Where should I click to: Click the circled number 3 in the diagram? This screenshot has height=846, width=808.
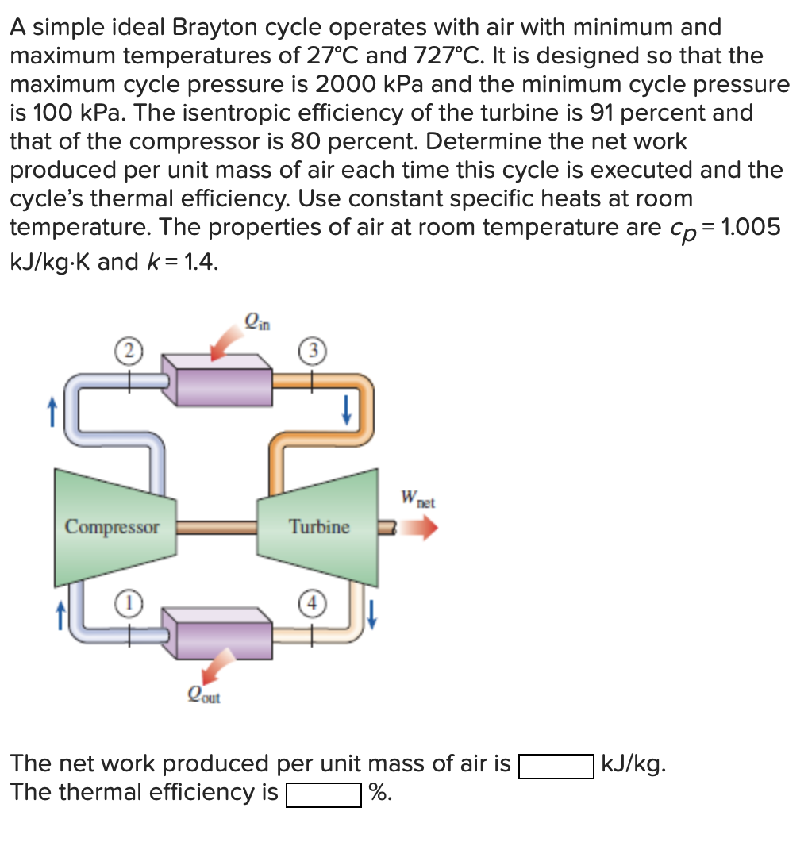310,352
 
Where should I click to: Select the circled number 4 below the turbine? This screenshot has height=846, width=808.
310,602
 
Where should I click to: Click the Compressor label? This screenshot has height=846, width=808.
112,527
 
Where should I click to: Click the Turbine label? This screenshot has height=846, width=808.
319,527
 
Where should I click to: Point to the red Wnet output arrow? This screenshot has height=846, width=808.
418,528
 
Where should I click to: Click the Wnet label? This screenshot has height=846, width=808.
418,500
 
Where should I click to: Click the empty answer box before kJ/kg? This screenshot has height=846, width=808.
556,766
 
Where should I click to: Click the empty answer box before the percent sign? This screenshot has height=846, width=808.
324,794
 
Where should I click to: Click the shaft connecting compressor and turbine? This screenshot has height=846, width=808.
215,525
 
